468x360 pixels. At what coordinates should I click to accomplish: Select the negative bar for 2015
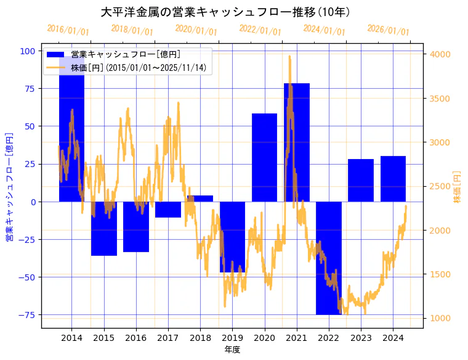(103, 229)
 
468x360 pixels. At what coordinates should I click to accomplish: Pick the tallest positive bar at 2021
(296, 142)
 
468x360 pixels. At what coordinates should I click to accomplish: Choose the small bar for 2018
(200, 198)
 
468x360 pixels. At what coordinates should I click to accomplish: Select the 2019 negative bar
(232, 237)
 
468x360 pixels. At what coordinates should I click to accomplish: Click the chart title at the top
(225, 12)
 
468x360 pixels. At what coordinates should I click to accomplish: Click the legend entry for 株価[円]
(139, 67)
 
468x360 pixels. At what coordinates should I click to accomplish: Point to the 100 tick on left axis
(28, 51)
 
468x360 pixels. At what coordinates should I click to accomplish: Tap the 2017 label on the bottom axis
(167, 338)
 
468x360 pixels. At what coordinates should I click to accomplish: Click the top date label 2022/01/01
(260, 30)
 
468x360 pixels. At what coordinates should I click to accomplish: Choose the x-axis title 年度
(232, 350)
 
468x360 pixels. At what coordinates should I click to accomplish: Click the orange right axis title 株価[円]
(458, 187)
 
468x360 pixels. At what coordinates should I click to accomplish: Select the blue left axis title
(9, 187)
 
